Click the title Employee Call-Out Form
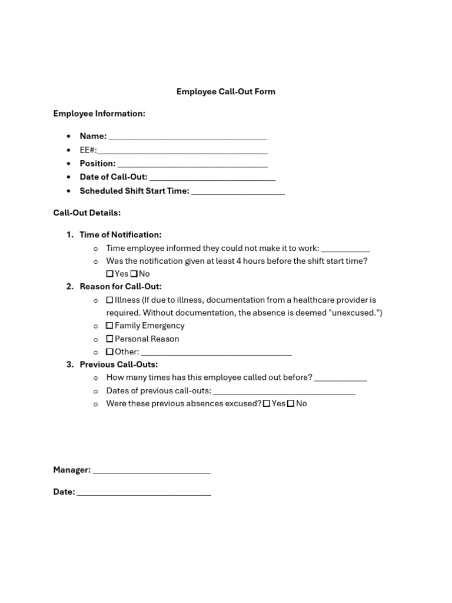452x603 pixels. coord(226,92)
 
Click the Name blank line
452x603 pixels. coord(188,138)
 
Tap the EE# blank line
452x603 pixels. coord(182,151)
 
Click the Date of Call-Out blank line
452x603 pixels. coord(212,178)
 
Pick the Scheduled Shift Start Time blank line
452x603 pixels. coord(238,192)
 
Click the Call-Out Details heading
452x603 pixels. coord(87,213)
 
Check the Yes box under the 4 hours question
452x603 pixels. coord(110,274)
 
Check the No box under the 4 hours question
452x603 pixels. coord(134,274)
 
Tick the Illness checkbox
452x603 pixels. coord(110,300)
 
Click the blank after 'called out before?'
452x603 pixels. coord(341,379)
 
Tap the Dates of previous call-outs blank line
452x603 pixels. coord(284,392)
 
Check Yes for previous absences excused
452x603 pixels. coord(267,404)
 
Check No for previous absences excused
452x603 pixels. coord(291,404)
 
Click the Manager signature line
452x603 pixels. coord(152,472)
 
